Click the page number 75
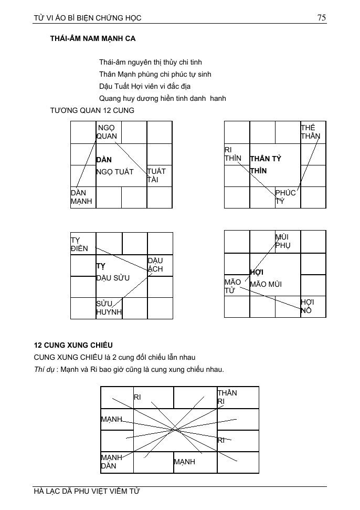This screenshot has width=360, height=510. coord(322,17)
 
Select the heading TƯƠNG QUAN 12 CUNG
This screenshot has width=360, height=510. coord(84,110)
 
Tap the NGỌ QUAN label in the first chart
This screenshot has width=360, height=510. coord(107,132)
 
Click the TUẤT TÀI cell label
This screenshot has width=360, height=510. coord(156,175)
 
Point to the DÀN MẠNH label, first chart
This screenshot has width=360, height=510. coord(81,197)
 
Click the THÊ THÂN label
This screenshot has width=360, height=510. coord(310,132)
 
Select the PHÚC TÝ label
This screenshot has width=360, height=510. coord(285,197)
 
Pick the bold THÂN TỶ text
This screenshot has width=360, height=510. coord(266,159)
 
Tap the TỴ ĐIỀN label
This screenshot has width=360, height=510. coord(80,244)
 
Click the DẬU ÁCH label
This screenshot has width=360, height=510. coord(155,265)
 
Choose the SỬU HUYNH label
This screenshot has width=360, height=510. coord(109,308)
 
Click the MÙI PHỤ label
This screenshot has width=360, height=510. coord(282,241)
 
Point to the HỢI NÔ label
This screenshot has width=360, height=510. coord(307,306)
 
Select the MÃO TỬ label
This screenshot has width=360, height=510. coord(232,286)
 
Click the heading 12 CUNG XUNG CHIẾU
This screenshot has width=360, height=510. coord(73,345)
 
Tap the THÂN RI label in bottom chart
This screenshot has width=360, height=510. coord(227,397)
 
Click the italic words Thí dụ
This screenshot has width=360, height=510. coord(44,369)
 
